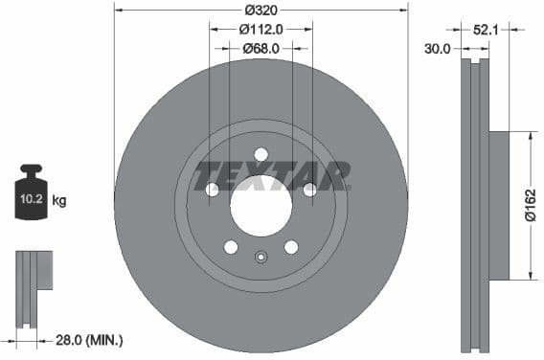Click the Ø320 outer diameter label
261,11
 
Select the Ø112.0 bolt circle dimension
261,29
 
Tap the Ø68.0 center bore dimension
261,48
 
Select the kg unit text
59,201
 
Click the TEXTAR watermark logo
272,176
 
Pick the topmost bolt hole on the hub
261,155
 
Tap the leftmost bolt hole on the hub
212,190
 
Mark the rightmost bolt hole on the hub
309,190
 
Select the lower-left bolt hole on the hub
231,247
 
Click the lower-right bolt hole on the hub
291,247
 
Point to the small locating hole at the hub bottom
261,257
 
